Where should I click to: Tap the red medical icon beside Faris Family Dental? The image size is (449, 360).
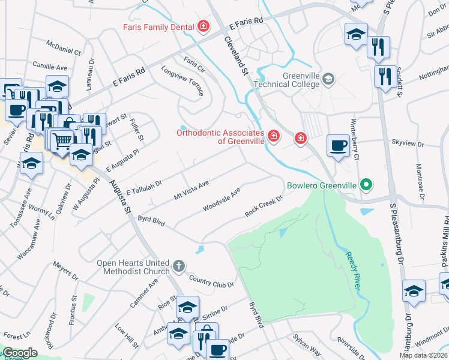pyautogui.click(x=203, y=26)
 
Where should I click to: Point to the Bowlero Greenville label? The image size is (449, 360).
pyautogui.click(x=321, y=185)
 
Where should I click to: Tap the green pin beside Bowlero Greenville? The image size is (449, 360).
pyautogui.click(x=364, y=185)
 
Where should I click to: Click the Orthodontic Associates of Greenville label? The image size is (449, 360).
pyautogui.click(x=220, y=137)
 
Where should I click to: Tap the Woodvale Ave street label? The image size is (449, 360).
pyautogui.click(x=221, y=199)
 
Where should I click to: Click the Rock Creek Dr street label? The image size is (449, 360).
pyautogui.click(x=264, y=207)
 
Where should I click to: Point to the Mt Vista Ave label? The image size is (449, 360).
pyautogui.click(x=191, y=190)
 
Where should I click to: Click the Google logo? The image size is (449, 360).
pyautogui.click(x=19, y=353)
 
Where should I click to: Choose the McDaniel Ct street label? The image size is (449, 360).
pyautogui.click(x=64, y=48)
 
